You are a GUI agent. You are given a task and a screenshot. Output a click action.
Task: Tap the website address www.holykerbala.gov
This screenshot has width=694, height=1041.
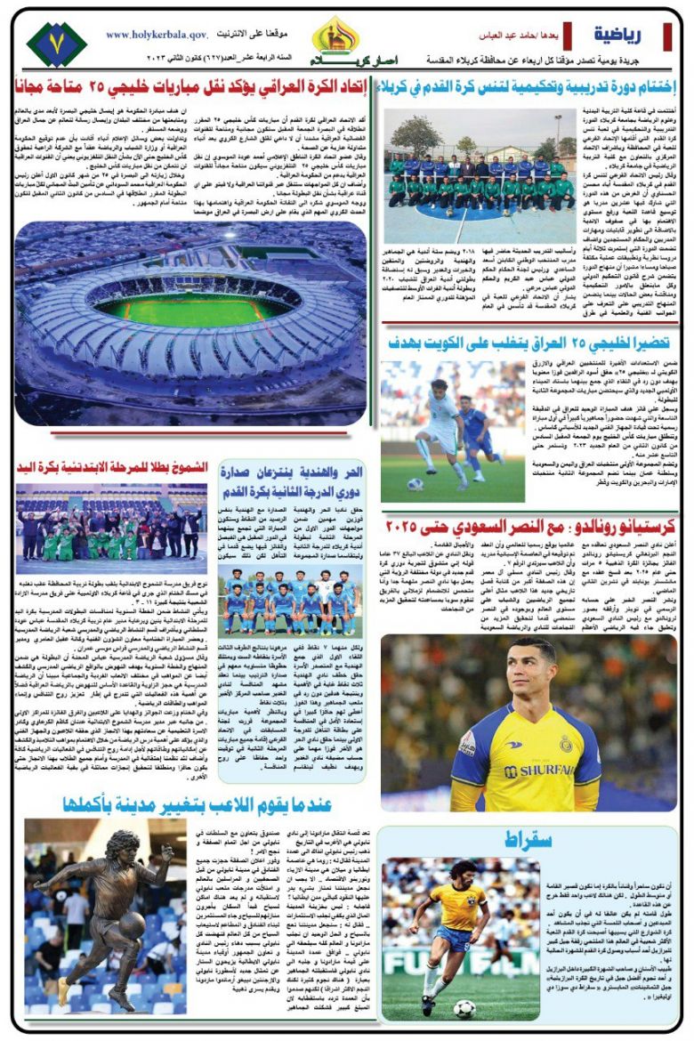[x=157, y=34]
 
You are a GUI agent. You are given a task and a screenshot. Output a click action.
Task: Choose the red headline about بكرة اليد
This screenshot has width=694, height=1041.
[x=112, y=467]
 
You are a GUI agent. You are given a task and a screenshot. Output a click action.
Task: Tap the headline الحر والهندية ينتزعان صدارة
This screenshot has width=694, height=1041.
[x=295, y=476]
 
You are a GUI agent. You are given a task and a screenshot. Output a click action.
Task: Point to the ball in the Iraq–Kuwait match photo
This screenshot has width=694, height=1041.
[x=415, y=485]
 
